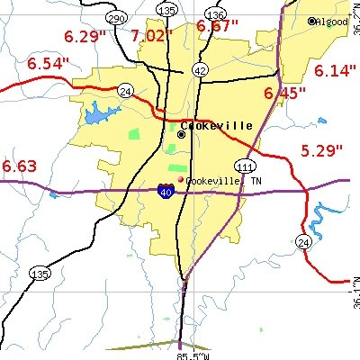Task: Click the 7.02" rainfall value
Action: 150,36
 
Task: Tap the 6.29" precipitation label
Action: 84,37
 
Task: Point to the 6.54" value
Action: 48,64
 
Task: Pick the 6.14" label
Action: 335,70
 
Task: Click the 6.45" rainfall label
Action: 284,93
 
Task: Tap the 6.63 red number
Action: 20,166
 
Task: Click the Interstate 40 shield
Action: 166,191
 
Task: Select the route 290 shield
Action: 115,18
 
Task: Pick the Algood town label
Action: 334,21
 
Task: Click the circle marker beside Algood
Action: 312,21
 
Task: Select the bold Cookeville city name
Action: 221,126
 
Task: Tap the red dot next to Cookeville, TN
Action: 180,180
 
